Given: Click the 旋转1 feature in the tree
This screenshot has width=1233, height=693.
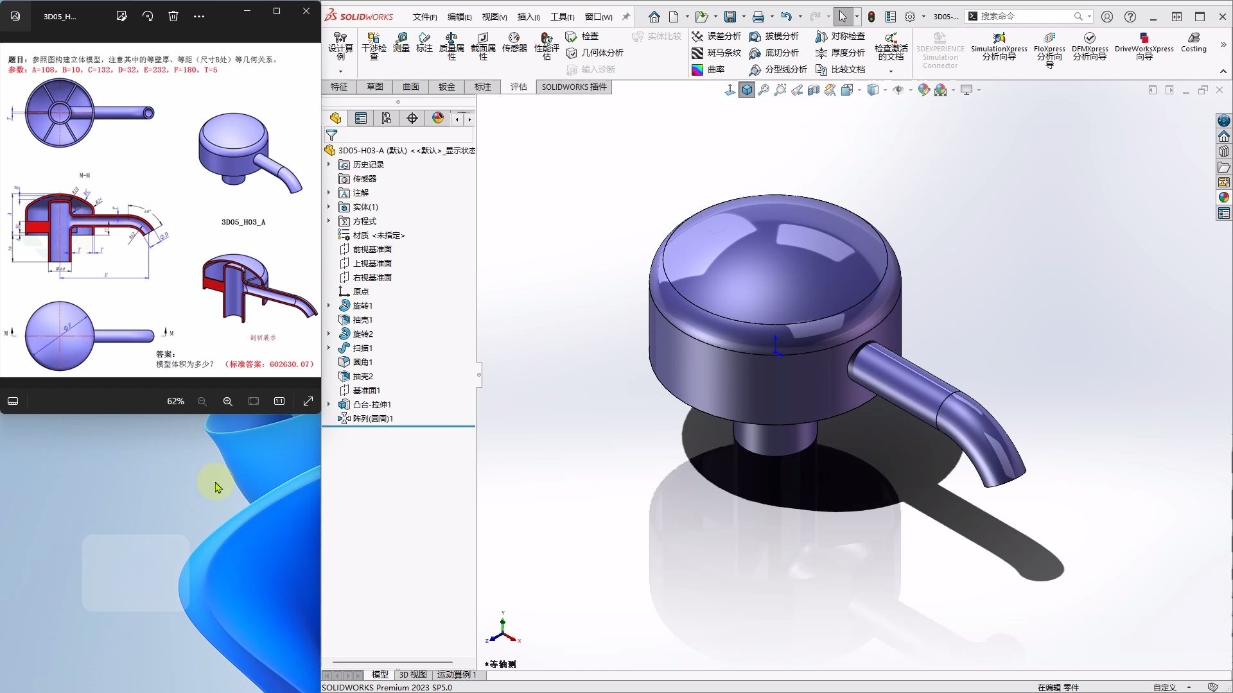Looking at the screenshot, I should (x=362, y=306).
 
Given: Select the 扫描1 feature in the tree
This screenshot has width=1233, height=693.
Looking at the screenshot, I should (x=362, y=348).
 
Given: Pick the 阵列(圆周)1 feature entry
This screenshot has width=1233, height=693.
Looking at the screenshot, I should (x=372, y=419).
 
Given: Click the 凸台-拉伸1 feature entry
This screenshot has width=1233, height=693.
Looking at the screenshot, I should (x=371, y=405).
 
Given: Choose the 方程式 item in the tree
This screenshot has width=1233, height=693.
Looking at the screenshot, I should (x=364, y=221).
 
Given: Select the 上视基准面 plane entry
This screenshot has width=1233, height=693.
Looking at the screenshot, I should (x=372, y=264).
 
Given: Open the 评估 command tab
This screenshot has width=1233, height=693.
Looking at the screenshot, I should (x=518, y=87).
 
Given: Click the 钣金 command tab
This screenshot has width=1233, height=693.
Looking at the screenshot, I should (x=446, y=87).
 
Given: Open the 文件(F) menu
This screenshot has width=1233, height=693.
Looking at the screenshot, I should (x=424, y=17).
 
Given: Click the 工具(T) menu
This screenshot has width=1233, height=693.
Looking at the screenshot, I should (x=562, y=17).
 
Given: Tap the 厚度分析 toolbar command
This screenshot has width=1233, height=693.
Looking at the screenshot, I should (x=841, y=53).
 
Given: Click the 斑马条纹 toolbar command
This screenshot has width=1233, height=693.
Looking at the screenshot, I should (x=717, y=53).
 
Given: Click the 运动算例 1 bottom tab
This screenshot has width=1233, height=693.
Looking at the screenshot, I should (x=456, y=675).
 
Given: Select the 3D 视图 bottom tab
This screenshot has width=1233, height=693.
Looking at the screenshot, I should (x=413, y=675).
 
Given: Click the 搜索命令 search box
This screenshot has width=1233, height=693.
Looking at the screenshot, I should (x=1025, y=16).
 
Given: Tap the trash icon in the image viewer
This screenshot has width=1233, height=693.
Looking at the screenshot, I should (x=173, y=16).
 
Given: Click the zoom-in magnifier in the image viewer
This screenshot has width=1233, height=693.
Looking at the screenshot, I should (x=227, y=402).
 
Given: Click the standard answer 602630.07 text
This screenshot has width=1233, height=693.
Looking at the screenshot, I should (x=270, y=364).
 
